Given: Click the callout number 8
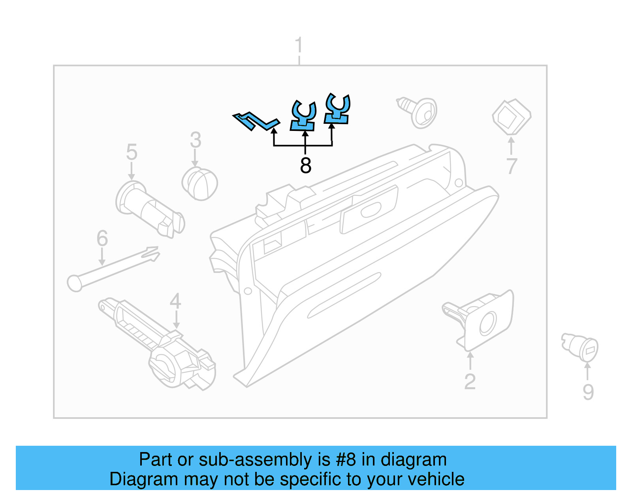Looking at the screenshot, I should (305, 165).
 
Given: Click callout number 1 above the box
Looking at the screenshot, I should (299, 45).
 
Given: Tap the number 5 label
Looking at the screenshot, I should (132, 152).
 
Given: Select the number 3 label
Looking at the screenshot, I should (196, 140).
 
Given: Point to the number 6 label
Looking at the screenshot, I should (102, 238).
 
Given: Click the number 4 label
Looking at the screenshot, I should (175, 301).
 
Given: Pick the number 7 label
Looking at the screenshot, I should (512, 166).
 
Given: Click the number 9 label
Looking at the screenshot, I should (588, 392).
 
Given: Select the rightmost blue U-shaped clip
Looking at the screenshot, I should (337, 110).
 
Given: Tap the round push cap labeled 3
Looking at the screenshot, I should (200, 184).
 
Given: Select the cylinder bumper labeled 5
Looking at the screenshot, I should (150, 210).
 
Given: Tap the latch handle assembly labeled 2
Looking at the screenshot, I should (482, 320).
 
